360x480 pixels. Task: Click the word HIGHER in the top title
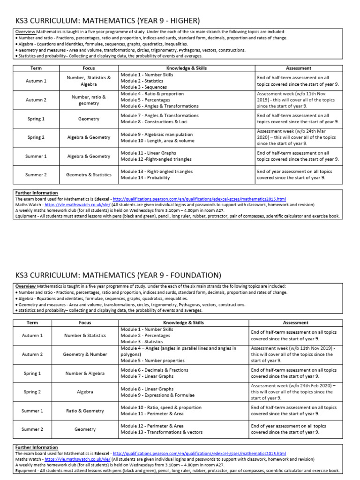[182, 21]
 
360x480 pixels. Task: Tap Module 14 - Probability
[145, 178]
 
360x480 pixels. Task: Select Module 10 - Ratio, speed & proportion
[156, 407]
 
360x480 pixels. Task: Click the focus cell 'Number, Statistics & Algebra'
[89, 81]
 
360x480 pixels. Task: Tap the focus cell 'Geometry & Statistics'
[89, 175]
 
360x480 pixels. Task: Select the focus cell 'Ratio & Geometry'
[85, 411]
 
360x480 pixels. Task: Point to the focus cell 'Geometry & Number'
[85, 354]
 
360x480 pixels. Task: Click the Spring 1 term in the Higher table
[36, 119]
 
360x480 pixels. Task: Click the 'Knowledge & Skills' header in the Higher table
[186, 68]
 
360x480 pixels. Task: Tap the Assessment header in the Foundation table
[296, 323]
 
